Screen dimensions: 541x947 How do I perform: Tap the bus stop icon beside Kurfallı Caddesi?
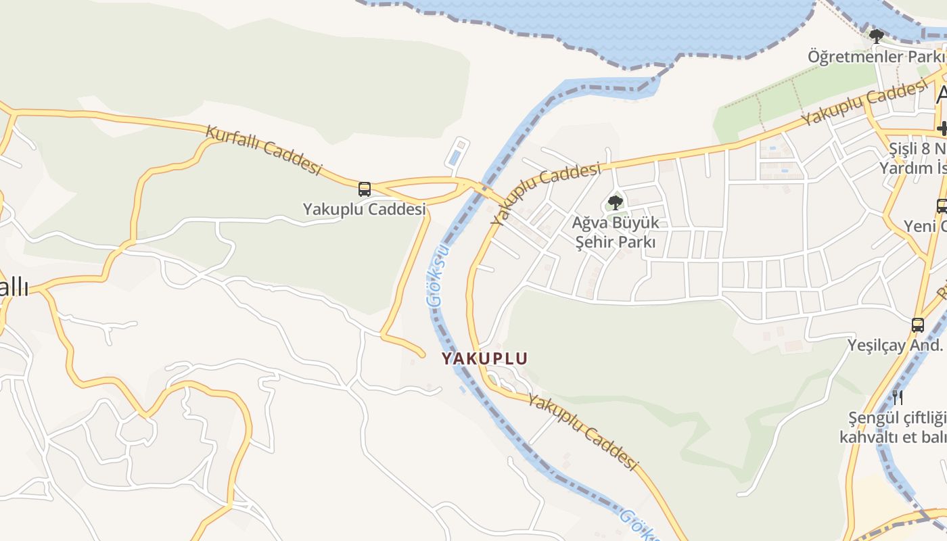365,189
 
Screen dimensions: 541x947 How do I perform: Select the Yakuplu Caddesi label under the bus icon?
365,209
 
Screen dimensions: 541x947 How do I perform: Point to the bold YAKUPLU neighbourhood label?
484,358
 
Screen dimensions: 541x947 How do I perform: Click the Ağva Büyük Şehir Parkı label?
615,232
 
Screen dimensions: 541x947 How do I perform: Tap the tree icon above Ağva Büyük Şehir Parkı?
615,202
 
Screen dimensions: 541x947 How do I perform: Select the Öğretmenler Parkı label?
875,56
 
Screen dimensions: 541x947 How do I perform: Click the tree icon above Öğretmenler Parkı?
877,37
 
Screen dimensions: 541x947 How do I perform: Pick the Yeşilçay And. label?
895,345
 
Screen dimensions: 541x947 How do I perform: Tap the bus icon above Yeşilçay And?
918,325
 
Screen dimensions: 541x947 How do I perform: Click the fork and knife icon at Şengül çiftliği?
898,397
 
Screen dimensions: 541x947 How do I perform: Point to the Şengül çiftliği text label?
893,427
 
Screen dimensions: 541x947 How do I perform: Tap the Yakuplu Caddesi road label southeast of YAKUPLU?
583,433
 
